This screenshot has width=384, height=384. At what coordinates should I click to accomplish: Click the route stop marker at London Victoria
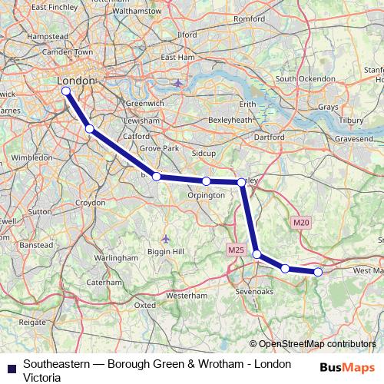coord(65,91)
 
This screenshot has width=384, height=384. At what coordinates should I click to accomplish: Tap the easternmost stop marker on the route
coord(318,271)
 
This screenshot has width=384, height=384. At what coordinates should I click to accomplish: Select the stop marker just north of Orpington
coord(207,180)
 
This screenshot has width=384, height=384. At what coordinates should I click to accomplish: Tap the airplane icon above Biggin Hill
coord(167,238)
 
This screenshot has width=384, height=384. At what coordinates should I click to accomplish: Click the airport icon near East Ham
coord(178,82)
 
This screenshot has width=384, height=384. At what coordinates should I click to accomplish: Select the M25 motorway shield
coord(235,250)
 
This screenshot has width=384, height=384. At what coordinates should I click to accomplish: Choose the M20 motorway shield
coord(301,223)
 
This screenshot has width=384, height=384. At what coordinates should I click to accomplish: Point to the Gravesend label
coord(353,140)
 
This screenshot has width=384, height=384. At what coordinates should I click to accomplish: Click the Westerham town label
coord(187,295)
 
